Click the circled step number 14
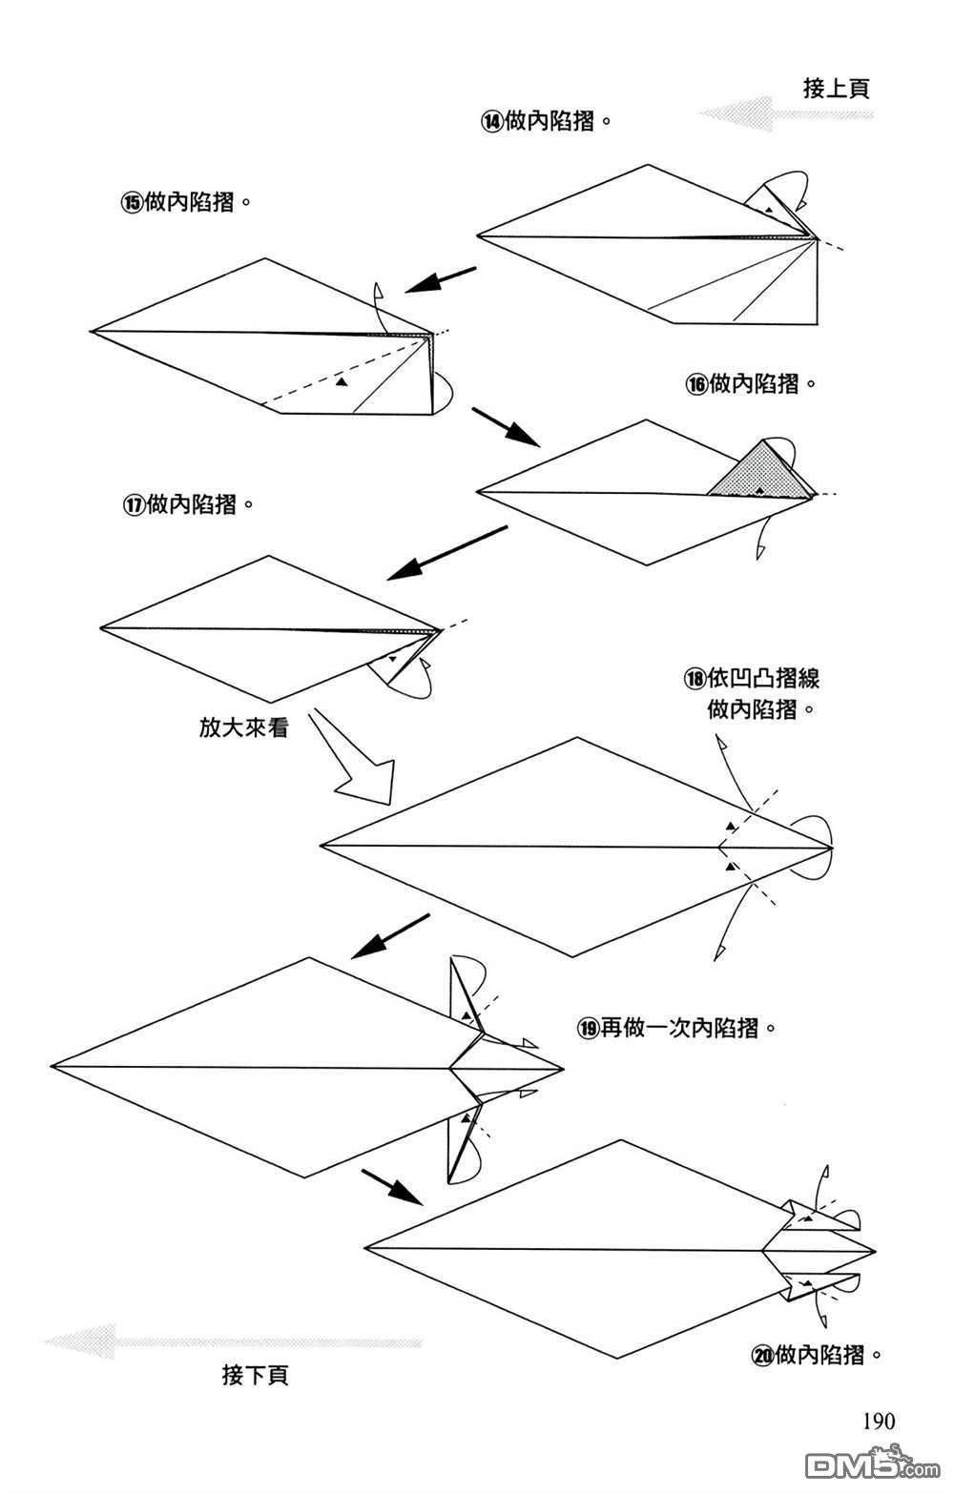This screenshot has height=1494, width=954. tap(491, 122)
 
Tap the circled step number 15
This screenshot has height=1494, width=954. tap(131, 202)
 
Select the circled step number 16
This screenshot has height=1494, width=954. tap(696, 384)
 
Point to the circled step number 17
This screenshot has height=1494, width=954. tap(132, 504)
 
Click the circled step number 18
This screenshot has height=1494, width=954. tap(694, 679)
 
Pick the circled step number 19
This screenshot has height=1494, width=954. tap(588, 1028)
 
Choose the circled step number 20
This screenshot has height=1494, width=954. tap(762, 1355)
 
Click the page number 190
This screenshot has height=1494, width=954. tap(879, 1422)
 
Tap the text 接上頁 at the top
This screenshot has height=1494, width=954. tap(837, 90)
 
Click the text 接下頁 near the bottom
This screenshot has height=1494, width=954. tap(255, 1375)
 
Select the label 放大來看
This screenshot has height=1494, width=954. tap(243, 727)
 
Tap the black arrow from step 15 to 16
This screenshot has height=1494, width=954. tap(506, 427)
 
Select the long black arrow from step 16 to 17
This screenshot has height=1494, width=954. tap(446, 553)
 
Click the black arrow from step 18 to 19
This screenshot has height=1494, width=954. tap(390, 936)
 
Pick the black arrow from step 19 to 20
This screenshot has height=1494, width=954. tap(392, 1186)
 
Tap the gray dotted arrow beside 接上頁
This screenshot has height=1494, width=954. tap(784, 114)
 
